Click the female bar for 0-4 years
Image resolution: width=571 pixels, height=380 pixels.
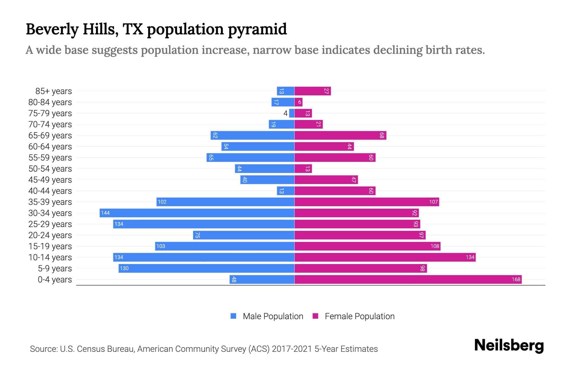point(408,279)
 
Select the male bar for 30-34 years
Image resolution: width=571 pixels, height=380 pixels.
point(197,213)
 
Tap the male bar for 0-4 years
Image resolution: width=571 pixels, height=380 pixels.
point(262,279)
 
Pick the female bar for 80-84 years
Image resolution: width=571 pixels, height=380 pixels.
point(299,102)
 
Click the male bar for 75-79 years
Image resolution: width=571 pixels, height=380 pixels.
point(292,113)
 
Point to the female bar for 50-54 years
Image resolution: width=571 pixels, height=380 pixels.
point(303,168)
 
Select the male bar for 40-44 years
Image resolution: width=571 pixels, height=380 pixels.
point(285,191)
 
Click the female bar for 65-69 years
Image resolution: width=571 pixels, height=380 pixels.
point(340,135)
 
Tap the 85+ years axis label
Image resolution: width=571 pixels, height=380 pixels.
point(54,91)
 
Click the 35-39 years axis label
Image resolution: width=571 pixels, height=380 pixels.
point(50,202)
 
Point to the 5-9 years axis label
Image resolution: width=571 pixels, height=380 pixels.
point(55,269)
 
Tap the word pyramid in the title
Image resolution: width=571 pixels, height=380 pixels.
point(257,29)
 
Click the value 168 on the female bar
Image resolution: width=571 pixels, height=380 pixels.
point(516,279)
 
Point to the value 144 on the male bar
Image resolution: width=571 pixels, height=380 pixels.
point(105,213)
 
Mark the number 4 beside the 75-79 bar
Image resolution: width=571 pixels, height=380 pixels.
point(285,113)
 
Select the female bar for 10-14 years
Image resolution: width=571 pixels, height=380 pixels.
point(385,257)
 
